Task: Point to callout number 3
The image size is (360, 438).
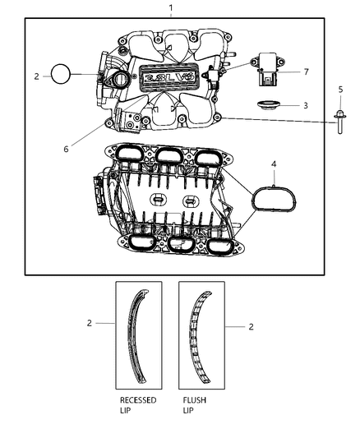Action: coord(305,105)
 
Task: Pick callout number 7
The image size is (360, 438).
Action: coord(305,71)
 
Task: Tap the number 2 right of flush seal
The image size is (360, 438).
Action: coord(251,326)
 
